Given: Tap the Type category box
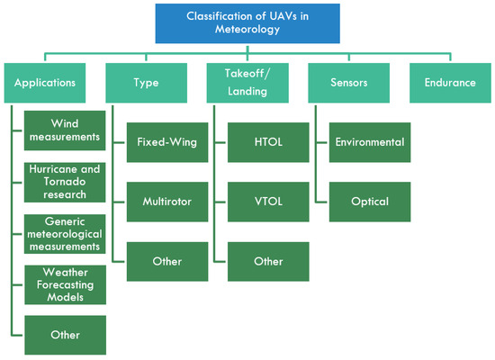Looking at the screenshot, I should point(147,82).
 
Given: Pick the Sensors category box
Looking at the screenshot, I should point(348,82).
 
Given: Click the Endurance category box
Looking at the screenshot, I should point(449,82).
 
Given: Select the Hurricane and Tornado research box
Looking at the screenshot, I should point(66,181).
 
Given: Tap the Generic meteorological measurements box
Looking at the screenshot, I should point(66,232).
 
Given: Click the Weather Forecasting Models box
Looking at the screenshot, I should point(66,283).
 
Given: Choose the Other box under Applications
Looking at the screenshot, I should point(66,334).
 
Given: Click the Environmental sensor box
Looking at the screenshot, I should point(370,142).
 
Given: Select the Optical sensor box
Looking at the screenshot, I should point(370,202).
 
